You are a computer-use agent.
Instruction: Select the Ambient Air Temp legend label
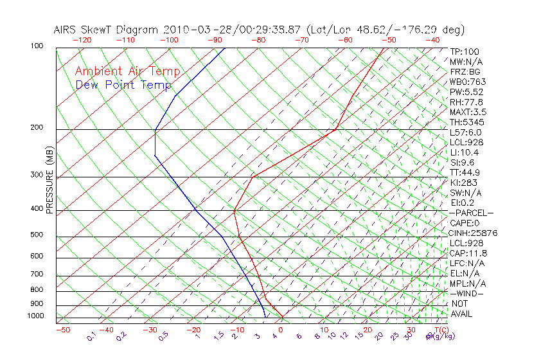[x=127, y=71]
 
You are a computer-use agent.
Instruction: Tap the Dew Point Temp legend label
[x=123, y=85]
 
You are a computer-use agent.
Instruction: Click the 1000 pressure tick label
[x=35, y=316]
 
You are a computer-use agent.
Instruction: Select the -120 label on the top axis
[x=82, y=40]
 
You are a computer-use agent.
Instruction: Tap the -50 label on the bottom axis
[x=62, y=330]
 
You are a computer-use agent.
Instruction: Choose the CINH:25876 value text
[x=474, y=233]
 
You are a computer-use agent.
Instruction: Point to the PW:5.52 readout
[x=466, y=92]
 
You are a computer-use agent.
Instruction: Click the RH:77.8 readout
[x=466, y=102]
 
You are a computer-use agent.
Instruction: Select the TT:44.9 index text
[x=466, y=172]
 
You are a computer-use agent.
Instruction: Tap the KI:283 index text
[x=463, y=183]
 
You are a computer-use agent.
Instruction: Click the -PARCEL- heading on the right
[x=471, y=213]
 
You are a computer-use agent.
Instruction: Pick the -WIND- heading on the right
[x=467, y=293]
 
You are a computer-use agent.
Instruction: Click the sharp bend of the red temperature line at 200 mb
[x=335, y=129]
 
